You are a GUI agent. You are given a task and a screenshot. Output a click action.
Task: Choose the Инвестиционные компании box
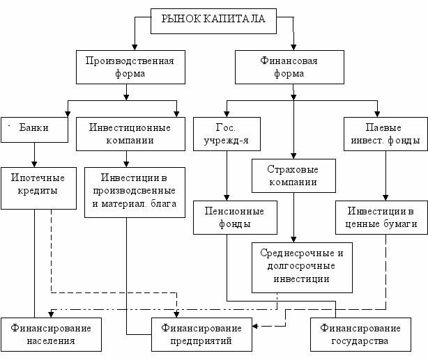pos(126,133)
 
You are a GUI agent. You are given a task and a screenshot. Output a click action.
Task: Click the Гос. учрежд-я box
pos(227,133)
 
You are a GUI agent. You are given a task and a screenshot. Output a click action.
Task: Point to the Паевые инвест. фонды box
pos(383,133)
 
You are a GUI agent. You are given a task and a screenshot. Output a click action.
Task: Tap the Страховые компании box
pos(292,176)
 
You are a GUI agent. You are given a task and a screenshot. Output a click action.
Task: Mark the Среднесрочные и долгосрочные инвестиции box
pos(292,265)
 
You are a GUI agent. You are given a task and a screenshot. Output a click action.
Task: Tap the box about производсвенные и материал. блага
pos(135,191)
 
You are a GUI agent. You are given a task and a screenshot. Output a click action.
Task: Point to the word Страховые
pos(292,170)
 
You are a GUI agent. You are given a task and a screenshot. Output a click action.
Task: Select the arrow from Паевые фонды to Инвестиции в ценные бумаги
pos(383,174)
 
